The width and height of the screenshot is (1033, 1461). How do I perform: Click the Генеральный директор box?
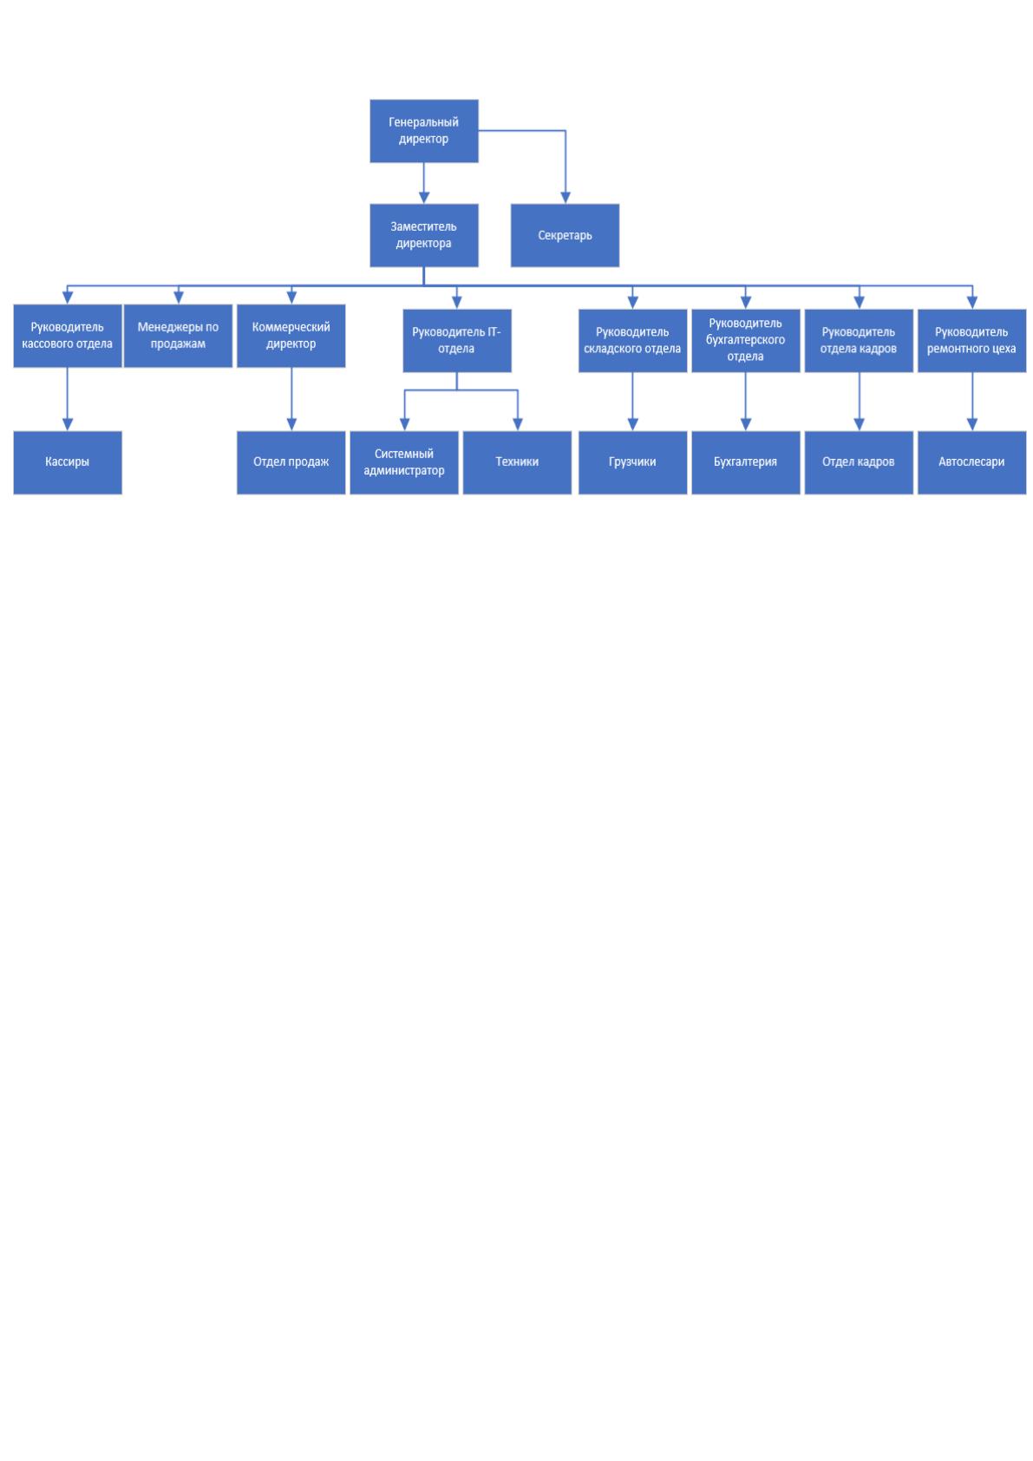[424, 130]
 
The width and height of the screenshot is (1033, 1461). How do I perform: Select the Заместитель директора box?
[424, 235]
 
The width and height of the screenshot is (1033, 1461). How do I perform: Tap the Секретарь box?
[565, 235]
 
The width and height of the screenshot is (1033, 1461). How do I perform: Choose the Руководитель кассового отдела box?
[67, 335]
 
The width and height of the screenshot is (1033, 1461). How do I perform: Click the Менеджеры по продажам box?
[178, 335]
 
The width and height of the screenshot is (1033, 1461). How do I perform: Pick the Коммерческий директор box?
[291, 335]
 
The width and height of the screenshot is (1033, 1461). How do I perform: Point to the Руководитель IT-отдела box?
[456, 340]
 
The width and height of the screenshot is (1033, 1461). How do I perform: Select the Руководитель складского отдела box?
[632, 340]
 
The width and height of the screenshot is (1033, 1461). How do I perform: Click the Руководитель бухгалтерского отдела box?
[745, 340]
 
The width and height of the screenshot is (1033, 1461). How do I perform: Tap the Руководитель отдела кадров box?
[858, 340]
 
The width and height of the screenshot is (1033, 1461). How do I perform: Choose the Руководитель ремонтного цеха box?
[971, 340]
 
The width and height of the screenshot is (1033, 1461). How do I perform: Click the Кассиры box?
[67, 462]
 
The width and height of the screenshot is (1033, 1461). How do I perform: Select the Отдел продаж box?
[291, 462]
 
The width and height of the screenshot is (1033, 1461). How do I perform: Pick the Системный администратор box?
[404, 462]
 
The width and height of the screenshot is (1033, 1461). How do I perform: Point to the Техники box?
[517, 462]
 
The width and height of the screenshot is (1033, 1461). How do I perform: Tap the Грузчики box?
[632, 462]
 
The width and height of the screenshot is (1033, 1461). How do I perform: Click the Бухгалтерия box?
[745, 462]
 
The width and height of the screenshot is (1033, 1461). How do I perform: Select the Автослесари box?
[971, 462]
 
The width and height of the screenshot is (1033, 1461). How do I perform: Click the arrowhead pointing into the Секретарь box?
[566, 198]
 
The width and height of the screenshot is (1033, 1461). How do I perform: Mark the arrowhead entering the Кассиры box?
[67, 424]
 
